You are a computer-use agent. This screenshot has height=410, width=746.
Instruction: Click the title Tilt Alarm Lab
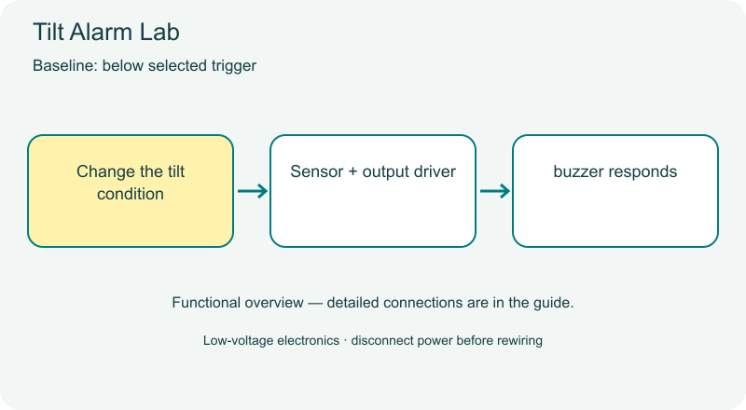(106, 33)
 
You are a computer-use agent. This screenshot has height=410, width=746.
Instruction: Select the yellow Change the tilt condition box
(131, 191)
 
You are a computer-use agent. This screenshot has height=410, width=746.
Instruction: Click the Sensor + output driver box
(373, 191)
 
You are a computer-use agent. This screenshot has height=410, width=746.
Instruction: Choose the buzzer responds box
(615, 191)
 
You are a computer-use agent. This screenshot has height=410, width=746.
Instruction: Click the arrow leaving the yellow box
(253, 191)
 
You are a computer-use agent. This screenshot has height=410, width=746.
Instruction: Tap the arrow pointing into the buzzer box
(495, 191)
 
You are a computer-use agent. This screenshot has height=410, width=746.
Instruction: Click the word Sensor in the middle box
(316, 171)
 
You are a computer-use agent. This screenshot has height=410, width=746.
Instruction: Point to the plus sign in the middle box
(352, 172)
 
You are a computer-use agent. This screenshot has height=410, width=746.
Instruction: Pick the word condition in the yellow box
(131, 194)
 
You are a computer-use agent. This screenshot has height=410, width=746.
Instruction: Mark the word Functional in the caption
(205, 303)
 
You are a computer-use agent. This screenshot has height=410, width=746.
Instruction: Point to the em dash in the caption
(315, 303)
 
